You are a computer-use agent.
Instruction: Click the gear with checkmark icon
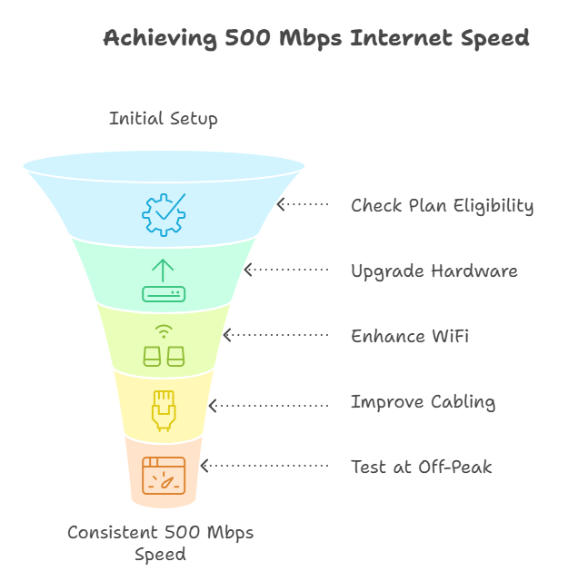coord(164,215)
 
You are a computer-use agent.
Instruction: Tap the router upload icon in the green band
coord(164,281)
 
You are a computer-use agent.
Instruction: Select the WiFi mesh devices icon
coord(164,346)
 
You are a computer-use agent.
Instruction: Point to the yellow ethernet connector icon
coord(164,410)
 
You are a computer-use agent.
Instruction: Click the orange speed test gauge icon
coord(164,475)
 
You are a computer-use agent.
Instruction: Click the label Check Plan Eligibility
coord(442,206)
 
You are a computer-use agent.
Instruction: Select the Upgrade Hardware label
coord(434,271)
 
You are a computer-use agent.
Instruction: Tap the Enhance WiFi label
coord(410,337)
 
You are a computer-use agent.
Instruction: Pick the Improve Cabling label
coord(423,402)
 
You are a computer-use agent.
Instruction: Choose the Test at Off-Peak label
coord(422,468)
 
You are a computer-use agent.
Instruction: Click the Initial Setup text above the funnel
coord(164,119)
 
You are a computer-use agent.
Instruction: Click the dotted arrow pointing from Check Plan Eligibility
coord(303,205)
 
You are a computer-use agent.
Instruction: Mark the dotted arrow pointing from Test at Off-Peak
coord(264,467)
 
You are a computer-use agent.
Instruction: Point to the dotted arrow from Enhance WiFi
coord(276,336)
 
